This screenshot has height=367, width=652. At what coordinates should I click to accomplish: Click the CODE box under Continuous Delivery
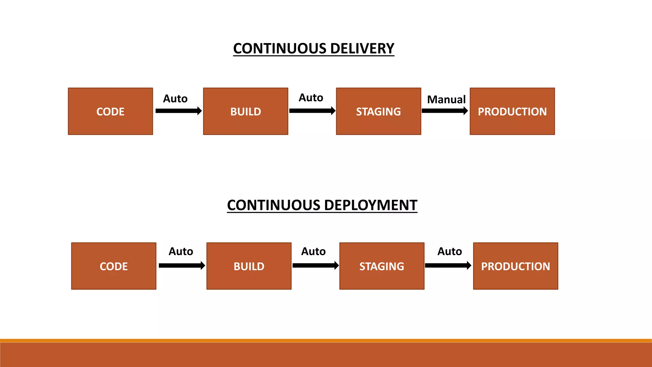[110, 112]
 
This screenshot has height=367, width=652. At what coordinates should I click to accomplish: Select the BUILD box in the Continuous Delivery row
[245, 112]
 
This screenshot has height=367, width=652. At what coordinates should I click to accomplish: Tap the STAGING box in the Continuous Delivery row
[378, 112]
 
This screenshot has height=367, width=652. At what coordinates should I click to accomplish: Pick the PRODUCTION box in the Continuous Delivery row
[512, 112]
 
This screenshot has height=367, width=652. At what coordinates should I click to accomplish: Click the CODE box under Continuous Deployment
[114, 266]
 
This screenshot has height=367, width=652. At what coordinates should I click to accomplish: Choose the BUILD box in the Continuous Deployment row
[249, 266]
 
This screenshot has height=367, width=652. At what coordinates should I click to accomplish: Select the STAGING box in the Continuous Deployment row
[382, 266]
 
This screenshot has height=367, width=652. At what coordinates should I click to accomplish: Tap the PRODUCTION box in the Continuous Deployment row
[515, 266]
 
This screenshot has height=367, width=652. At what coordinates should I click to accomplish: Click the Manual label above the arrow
[446, 99]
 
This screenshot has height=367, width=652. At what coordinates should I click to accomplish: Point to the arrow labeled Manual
[444, 111]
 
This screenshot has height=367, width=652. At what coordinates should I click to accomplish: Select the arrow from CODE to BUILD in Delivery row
[178, 111]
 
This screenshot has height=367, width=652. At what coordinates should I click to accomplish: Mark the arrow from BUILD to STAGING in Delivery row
[312, 111]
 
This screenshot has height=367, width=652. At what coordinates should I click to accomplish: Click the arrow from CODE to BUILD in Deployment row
[181, 265]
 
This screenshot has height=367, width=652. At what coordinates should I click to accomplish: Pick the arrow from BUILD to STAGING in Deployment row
[315, 265]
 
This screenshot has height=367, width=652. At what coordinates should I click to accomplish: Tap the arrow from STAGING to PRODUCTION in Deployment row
[448, 265]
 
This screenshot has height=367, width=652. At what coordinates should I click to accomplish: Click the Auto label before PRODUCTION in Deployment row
[450, 251]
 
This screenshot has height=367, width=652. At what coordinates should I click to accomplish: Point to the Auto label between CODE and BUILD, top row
[175, 98]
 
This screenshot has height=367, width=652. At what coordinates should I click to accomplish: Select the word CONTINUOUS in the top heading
[280, 48]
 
